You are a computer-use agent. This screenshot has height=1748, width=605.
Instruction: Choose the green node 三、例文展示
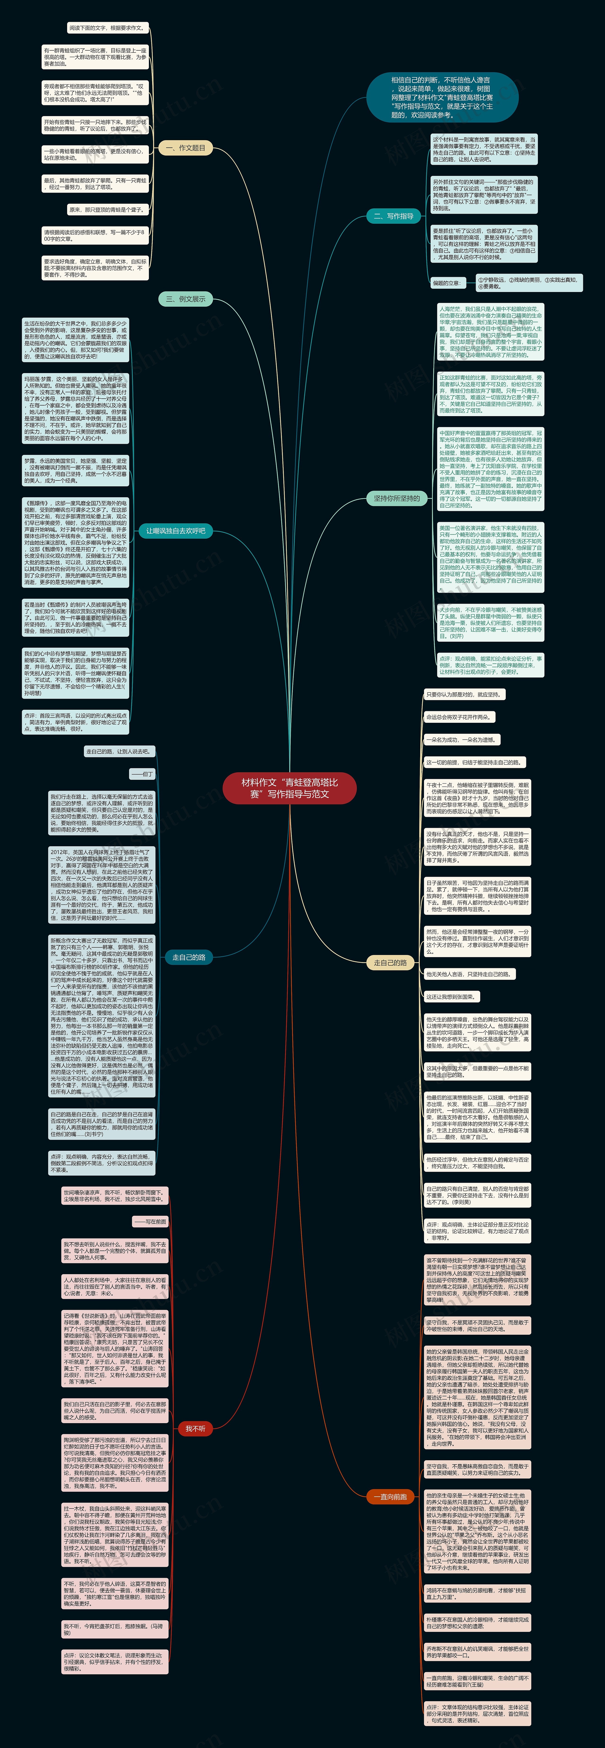tap(185, 299)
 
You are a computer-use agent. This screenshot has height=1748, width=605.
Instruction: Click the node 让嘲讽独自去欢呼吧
tap(176, 531)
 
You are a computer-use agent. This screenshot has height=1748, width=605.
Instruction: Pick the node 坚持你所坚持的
tap(397, 498)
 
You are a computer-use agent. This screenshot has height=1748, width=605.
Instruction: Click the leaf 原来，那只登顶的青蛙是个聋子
tap(107, 210)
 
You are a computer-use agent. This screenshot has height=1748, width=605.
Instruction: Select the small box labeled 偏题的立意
tap(446, 283)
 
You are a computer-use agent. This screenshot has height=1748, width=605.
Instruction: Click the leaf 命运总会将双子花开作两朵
tap(459, 717)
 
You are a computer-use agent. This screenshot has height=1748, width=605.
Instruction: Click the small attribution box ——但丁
tap(143, 774)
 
